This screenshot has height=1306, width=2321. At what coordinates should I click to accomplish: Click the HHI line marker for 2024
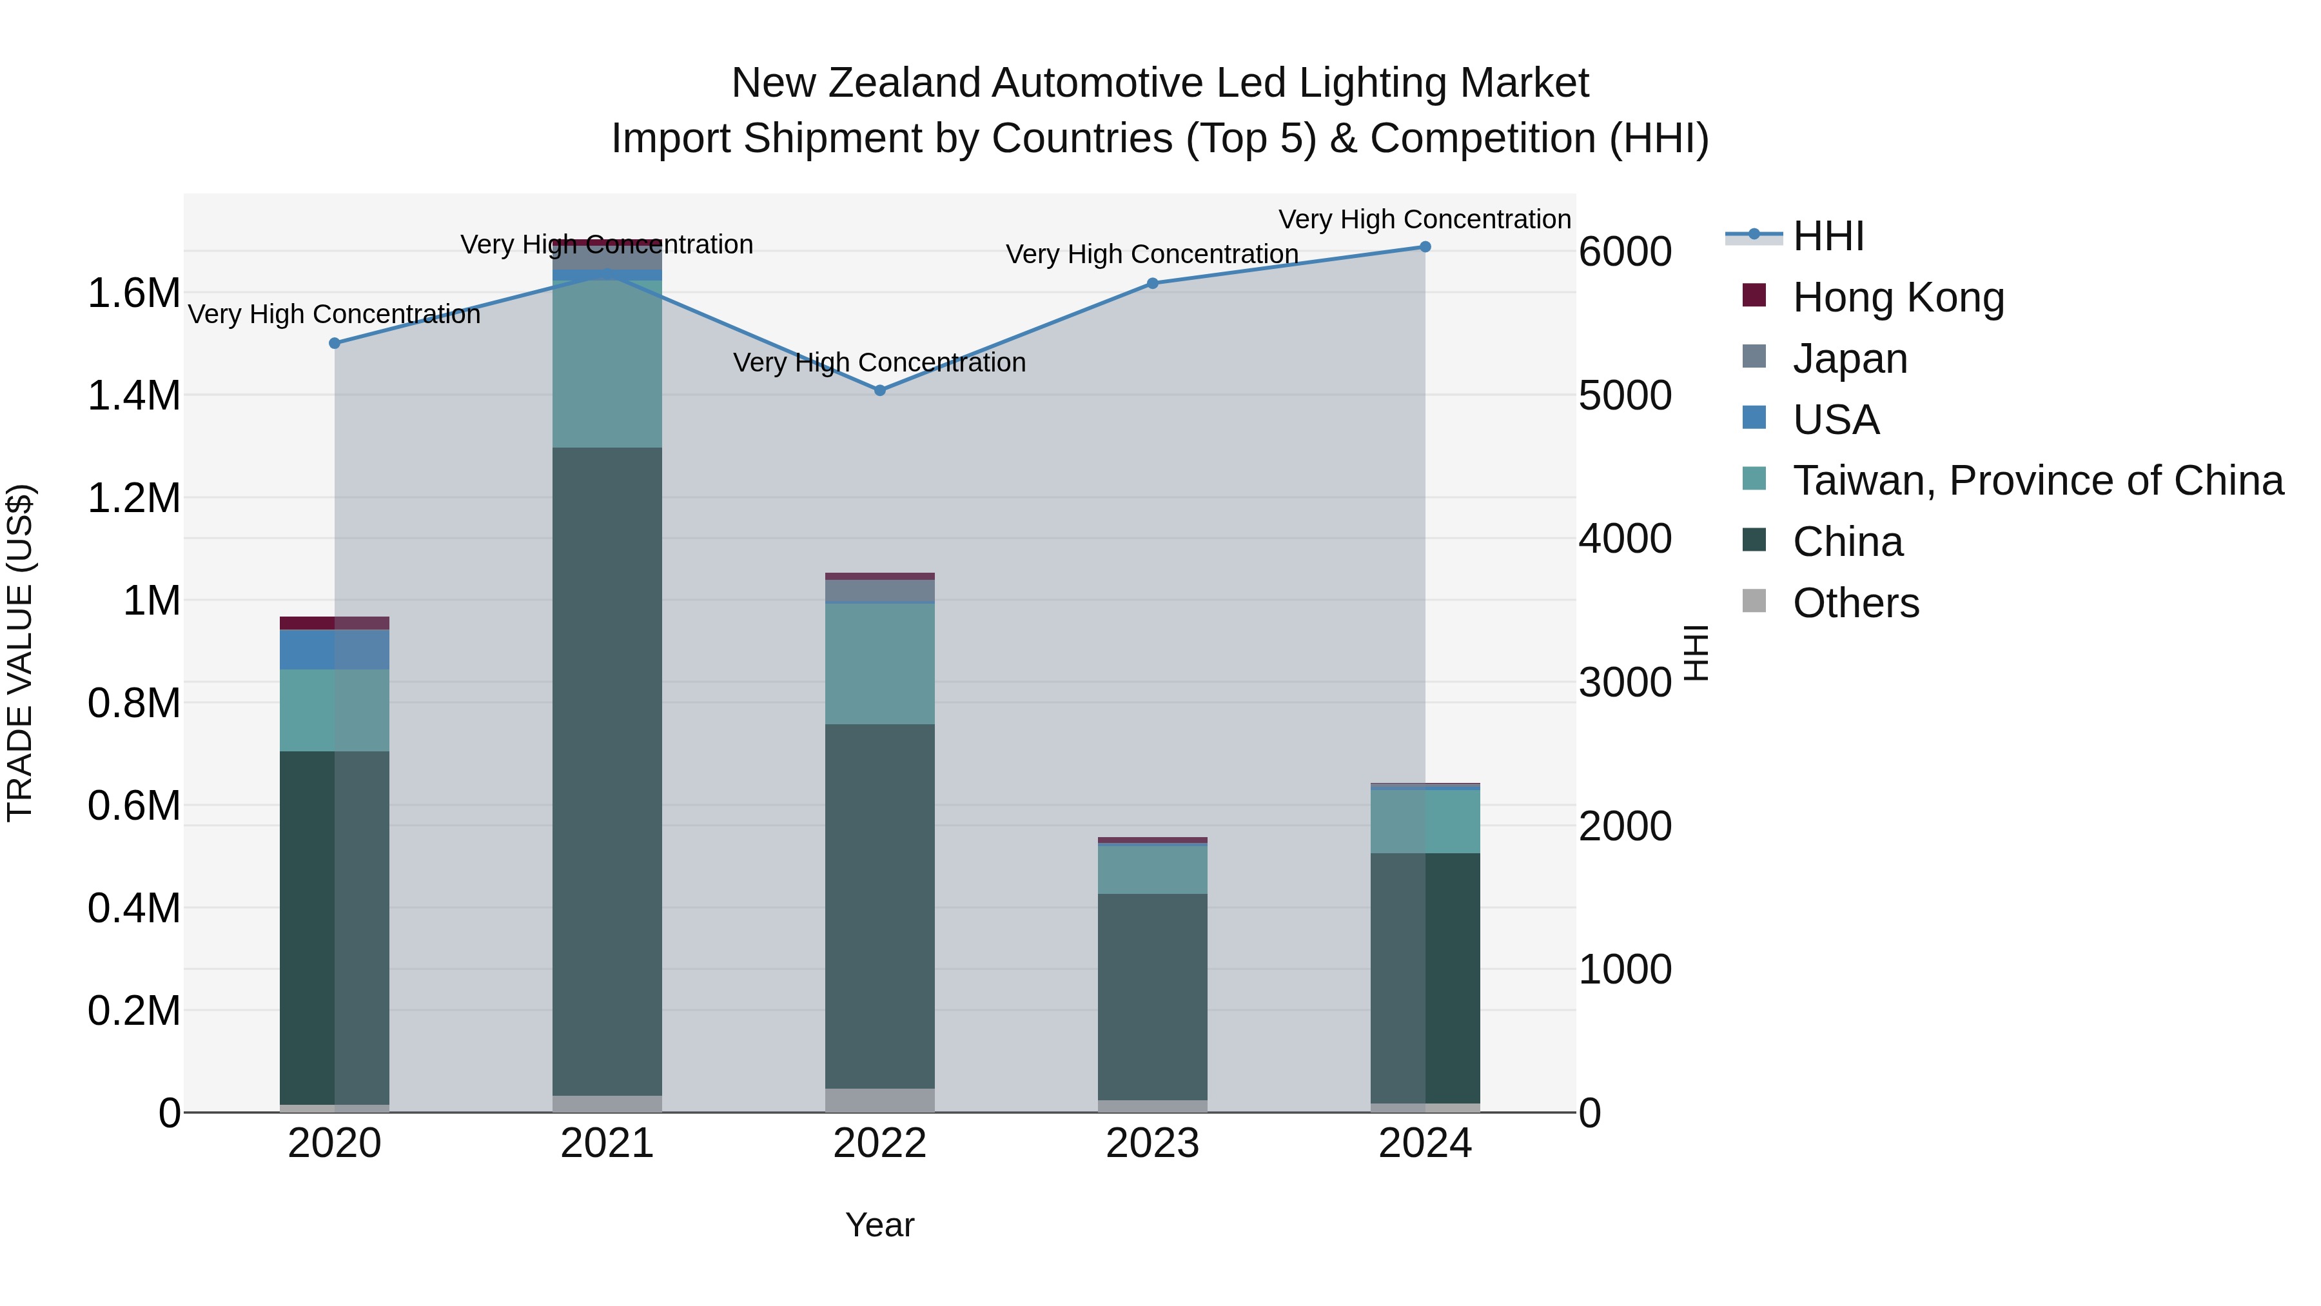[1424, 247]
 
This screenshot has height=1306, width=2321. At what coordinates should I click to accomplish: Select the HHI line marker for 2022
[880, 390]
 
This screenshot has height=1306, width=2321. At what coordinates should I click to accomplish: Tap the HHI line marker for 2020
[334, 343]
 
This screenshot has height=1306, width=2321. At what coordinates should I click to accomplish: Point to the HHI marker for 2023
[1152, 283]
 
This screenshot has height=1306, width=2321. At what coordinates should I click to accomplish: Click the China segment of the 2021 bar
[607, 771]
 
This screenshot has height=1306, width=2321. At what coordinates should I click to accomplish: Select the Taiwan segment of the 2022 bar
[879, 664]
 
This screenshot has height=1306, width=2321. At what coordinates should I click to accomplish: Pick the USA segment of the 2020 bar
[334, 650]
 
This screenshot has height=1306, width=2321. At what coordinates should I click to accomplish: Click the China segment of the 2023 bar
[1151, 996]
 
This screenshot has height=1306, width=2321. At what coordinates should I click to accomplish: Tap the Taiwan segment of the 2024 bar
[1424, 821]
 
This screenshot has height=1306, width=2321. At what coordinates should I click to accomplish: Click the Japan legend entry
[1850, 359]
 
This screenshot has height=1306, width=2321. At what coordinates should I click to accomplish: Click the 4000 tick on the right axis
[1625, 539]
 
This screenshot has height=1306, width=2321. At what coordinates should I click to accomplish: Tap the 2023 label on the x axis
[1151, 1143]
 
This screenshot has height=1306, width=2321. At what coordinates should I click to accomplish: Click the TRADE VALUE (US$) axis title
[20, 653]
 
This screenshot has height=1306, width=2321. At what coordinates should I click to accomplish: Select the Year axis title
[879, 1225]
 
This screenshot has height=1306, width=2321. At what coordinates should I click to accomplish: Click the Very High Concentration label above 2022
[879, 362]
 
